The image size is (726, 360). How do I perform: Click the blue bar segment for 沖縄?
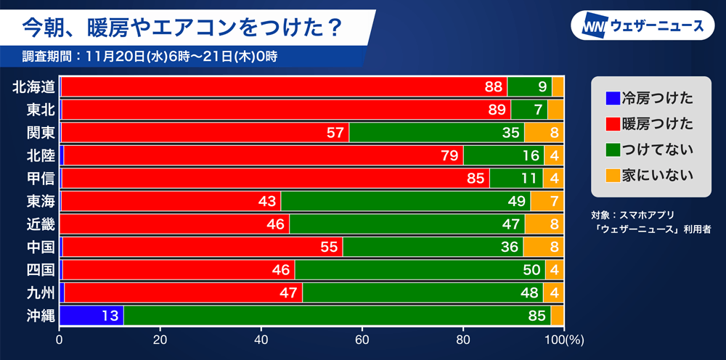click(91, 316)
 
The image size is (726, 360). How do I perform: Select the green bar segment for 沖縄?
click(337, 316)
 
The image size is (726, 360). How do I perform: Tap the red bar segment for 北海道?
click(283, 86)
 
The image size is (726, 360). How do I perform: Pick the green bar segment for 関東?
click(436, 132)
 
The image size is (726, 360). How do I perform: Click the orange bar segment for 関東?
click(544, 132)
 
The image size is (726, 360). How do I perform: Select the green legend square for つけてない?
click(612, 150)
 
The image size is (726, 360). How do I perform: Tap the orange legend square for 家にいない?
click(612, 175)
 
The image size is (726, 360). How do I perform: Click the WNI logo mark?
click(595, 27)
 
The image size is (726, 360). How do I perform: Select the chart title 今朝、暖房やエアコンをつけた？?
click(181, 26)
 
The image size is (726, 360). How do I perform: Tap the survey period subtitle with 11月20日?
click(150, 56)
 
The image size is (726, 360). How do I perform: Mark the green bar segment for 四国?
click(420, 270)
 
